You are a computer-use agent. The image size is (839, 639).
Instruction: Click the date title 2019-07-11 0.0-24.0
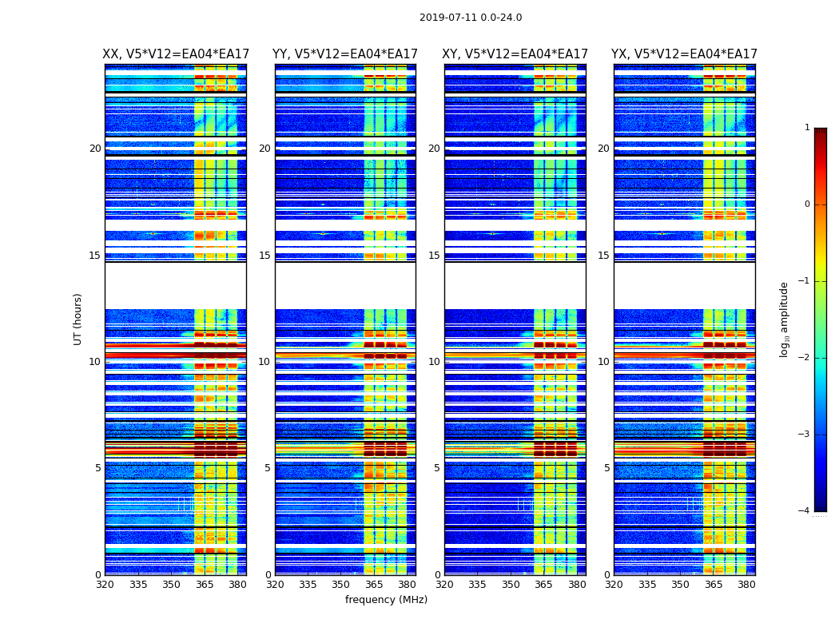point(471,18)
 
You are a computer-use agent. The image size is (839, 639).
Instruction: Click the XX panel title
point(176,54)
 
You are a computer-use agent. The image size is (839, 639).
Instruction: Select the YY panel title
point(345,54)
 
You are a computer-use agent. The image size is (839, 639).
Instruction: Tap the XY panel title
point(515,54)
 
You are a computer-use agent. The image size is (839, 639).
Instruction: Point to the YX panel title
point(684,54)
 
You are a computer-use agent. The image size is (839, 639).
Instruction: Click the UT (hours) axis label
point(78,319)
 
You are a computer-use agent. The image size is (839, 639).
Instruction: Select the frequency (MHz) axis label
point(386,600)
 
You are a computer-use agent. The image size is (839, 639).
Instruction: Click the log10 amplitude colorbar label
point(785,319)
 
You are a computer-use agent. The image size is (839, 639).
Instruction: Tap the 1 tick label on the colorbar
point(806,128)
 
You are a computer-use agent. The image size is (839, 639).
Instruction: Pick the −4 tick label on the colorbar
point(804,511)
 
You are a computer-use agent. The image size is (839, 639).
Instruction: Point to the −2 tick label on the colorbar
point(804,358)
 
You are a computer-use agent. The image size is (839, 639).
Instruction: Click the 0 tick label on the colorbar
point(806,204)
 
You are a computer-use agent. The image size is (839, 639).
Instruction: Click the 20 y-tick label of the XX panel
point(95,149)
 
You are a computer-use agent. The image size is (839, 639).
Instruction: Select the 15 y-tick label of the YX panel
point(604,256)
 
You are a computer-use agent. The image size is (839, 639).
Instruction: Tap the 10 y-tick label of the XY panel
point(434,362)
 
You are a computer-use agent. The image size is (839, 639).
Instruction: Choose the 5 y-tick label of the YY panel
point(268,468)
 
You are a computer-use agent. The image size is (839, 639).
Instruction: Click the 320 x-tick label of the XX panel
point(105,585)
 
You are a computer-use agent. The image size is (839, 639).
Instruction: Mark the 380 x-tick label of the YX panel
point(746,585)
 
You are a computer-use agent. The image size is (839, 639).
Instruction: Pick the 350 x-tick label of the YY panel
point(341,585)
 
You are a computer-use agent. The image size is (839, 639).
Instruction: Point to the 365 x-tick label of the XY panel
point(543,585)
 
